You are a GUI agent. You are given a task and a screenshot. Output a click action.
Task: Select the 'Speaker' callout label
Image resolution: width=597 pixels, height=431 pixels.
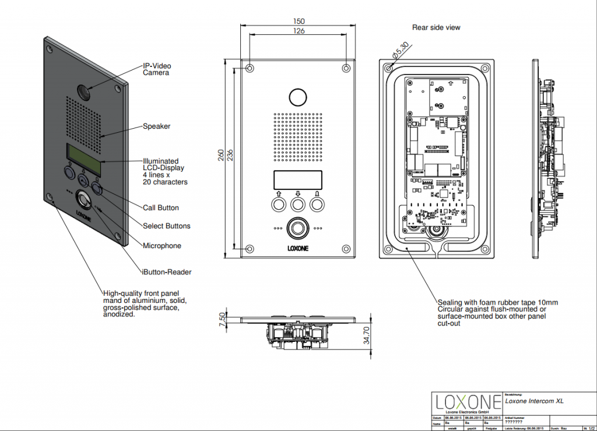pos(156,126)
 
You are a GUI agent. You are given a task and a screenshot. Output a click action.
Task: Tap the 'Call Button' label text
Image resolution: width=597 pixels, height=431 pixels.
pos(161,208)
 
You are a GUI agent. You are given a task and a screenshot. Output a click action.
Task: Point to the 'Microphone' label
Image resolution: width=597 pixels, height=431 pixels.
pos(162,246)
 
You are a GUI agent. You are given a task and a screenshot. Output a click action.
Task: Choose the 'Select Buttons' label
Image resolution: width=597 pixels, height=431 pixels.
pos(167,226)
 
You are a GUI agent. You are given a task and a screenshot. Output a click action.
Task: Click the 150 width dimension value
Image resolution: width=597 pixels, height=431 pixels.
pos(298,21)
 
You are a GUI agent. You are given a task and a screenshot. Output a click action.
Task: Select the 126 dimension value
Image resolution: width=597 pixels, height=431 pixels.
pos(298,31)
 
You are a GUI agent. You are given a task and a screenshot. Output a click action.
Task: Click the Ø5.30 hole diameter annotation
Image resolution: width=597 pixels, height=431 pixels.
pos(401,52)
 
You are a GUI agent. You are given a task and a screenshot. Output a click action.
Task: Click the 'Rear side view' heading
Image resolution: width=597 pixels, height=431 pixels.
pos(436,27)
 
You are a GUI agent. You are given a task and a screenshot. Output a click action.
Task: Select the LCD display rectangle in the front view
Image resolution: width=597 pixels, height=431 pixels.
pos(298,179)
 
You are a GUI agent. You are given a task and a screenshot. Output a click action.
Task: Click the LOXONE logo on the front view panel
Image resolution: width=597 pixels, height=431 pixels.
pos(298,247)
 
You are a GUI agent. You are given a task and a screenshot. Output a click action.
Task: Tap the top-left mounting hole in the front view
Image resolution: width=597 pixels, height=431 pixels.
pos(250,68)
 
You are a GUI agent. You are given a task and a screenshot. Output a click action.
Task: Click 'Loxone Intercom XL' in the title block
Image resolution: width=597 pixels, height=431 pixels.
pos(535,401)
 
